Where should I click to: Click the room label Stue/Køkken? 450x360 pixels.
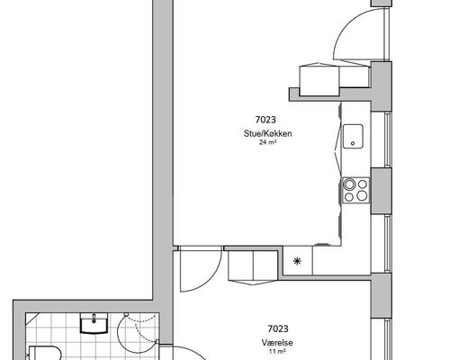(x=267, y=133)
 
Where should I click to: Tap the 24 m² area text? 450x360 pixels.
(x=267, y=142)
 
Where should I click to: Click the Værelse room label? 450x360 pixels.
(x=277, y=343)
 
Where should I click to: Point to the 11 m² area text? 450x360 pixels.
(x=277, y=351)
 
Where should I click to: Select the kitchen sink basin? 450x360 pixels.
(x=353, y=137)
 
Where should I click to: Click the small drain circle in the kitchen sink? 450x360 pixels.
(x=353, y=143)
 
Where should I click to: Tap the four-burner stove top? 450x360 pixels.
(x=355, y=190)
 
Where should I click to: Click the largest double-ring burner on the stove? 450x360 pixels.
(x=349, y=184)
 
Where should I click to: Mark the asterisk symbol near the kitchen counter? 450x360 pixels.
(x=297, y=261)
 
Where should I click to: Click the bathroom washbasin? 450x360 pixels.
(x=94, y=323)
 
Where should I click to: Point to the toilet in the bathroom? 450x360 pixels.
(x=45, y=353)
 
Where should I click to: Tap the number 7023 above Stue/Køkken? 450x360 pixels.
(x=265, y=120)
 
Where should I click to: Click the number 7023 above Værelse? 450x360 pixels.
(x=278, y=328)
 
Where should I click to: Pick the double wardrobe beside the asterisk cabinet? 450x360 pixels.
(x=253, y=265)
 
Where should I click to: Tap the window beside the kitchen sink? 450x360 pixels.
(x=388, y=139)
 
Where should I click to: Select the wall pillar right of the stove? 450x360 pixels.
(x=381, y=191)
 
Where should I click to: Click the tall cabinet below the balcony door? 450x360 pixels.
(x=319, y=79)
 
